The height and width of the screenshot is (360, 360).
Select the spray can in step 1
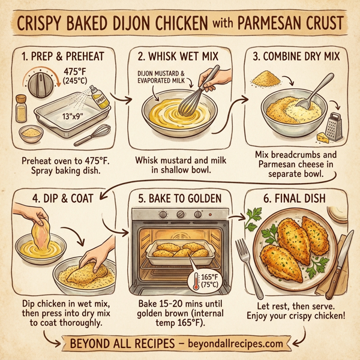(x=103, y=97)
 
